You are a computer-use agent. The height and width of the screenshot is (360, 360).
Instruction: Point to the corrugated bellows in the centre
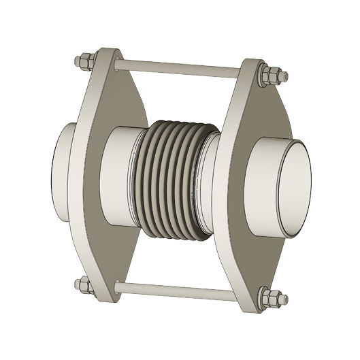pyautogui.click(x=176, y=174)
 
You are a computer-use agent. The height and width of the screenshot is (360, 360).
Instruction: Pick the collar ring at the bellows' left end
pyautogui.click(x=143, y=170)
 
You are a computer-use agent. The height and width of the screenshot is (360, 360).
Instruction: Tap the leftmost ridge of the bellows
pyautogui.click(x=150, y=170)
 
